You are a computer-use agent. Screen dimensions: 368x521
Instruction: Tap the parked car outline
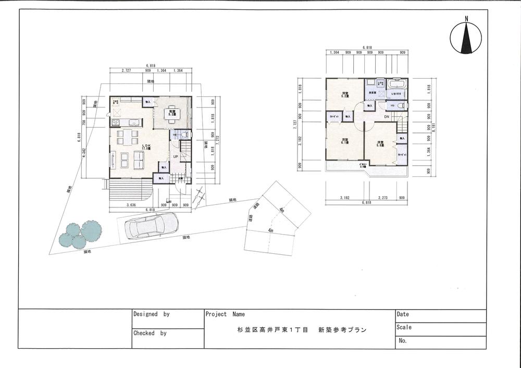coord(152,227)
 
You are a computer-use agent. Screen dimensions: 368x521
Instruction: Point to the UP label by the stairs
coord(176,157)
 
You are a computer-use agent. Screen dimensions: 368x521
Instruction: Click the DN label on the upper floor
coord(387,117)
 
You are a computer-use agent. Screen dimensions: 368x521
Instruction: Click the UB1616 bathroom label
coord(396,94)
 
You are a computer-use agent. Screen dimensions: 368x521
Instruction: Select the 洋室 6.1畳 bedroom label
coord(344,141)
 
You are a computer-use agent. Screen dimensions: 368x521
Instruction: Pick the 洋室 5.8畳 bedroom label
coord(381,143)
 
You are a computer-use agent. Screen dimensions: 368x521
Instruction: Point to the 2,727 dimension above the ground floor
coord(126,70)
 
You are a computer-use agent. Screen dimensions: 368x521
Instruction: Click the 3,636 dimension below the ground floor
coord(131,205)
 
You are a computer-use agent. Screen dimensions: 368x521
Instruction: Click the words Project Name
coord(225,315)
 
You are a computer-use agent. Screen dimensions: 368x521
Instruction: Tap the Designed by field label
coord(152,315)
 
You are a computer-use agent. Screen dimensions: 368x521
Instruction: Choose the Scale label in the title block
coord(404,328)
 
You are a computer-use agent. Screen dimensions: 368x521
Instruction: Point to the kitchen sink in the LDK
coord(134,123)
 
